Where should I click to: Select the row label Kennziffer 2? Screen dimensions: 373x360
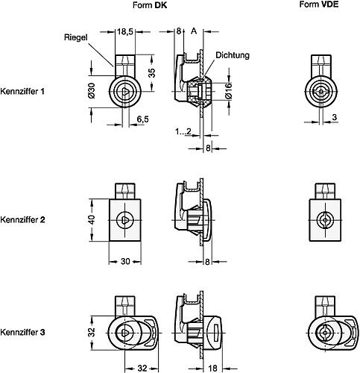(23, 220)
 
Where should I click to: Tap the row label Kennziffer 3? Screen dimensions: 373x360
(23, 331)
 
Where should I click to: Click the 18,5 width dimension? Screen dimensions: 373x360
(126, 32)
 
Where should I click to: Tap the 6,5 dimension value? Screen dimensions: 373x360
(143, 119)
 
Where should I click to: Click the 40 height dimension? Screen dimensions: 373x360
(92, 220)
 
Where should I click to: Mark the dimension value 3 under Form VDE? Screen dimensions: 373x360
(335, 117)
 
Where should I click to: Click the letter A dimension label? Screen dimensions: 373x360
(195, 31)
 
